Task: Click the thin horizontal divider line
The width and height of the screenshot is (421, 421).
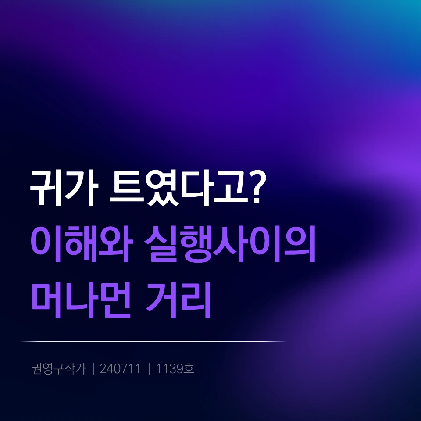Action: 153,341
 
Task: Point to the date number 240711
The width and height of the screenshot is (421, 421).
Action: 120,369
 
